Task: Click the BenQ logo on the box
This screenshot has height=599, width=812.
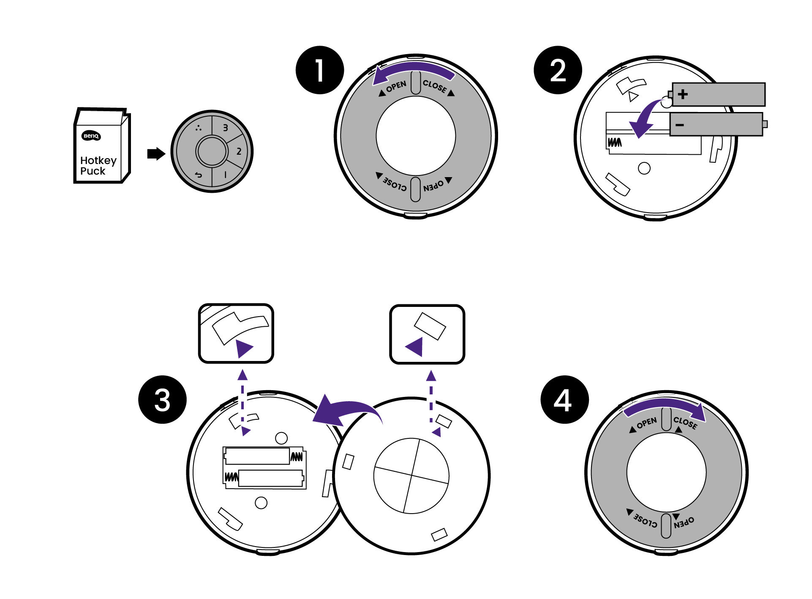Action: pos(91,136)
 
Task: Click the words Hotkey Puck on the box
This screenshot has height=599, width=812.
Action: pos(98,166)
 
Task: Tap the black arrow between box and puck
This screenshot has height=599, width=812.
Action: pos(156,153)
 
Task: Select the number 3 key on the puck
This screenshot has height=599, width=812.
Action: pos(225,128)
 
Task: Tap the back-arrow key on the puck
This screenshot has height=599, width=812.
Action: pos(198,175)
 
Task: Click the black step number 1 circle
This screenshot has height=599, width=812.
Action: pos(320,70)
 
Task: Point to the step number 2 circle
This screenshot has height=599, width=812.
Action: pos(558,70)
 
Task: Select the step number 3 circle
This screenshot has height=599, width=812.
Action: pos(162,399)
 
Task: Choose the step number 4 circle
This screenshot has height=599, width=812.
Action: pos(564,399)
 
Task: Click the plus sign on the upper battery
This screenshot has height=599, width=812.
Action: pos(683,94)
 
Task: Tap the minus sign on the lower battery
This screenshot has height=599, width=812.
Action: pos(680,125)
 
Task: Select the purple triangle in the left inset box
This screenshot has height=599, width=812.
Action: pos(243,348)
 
